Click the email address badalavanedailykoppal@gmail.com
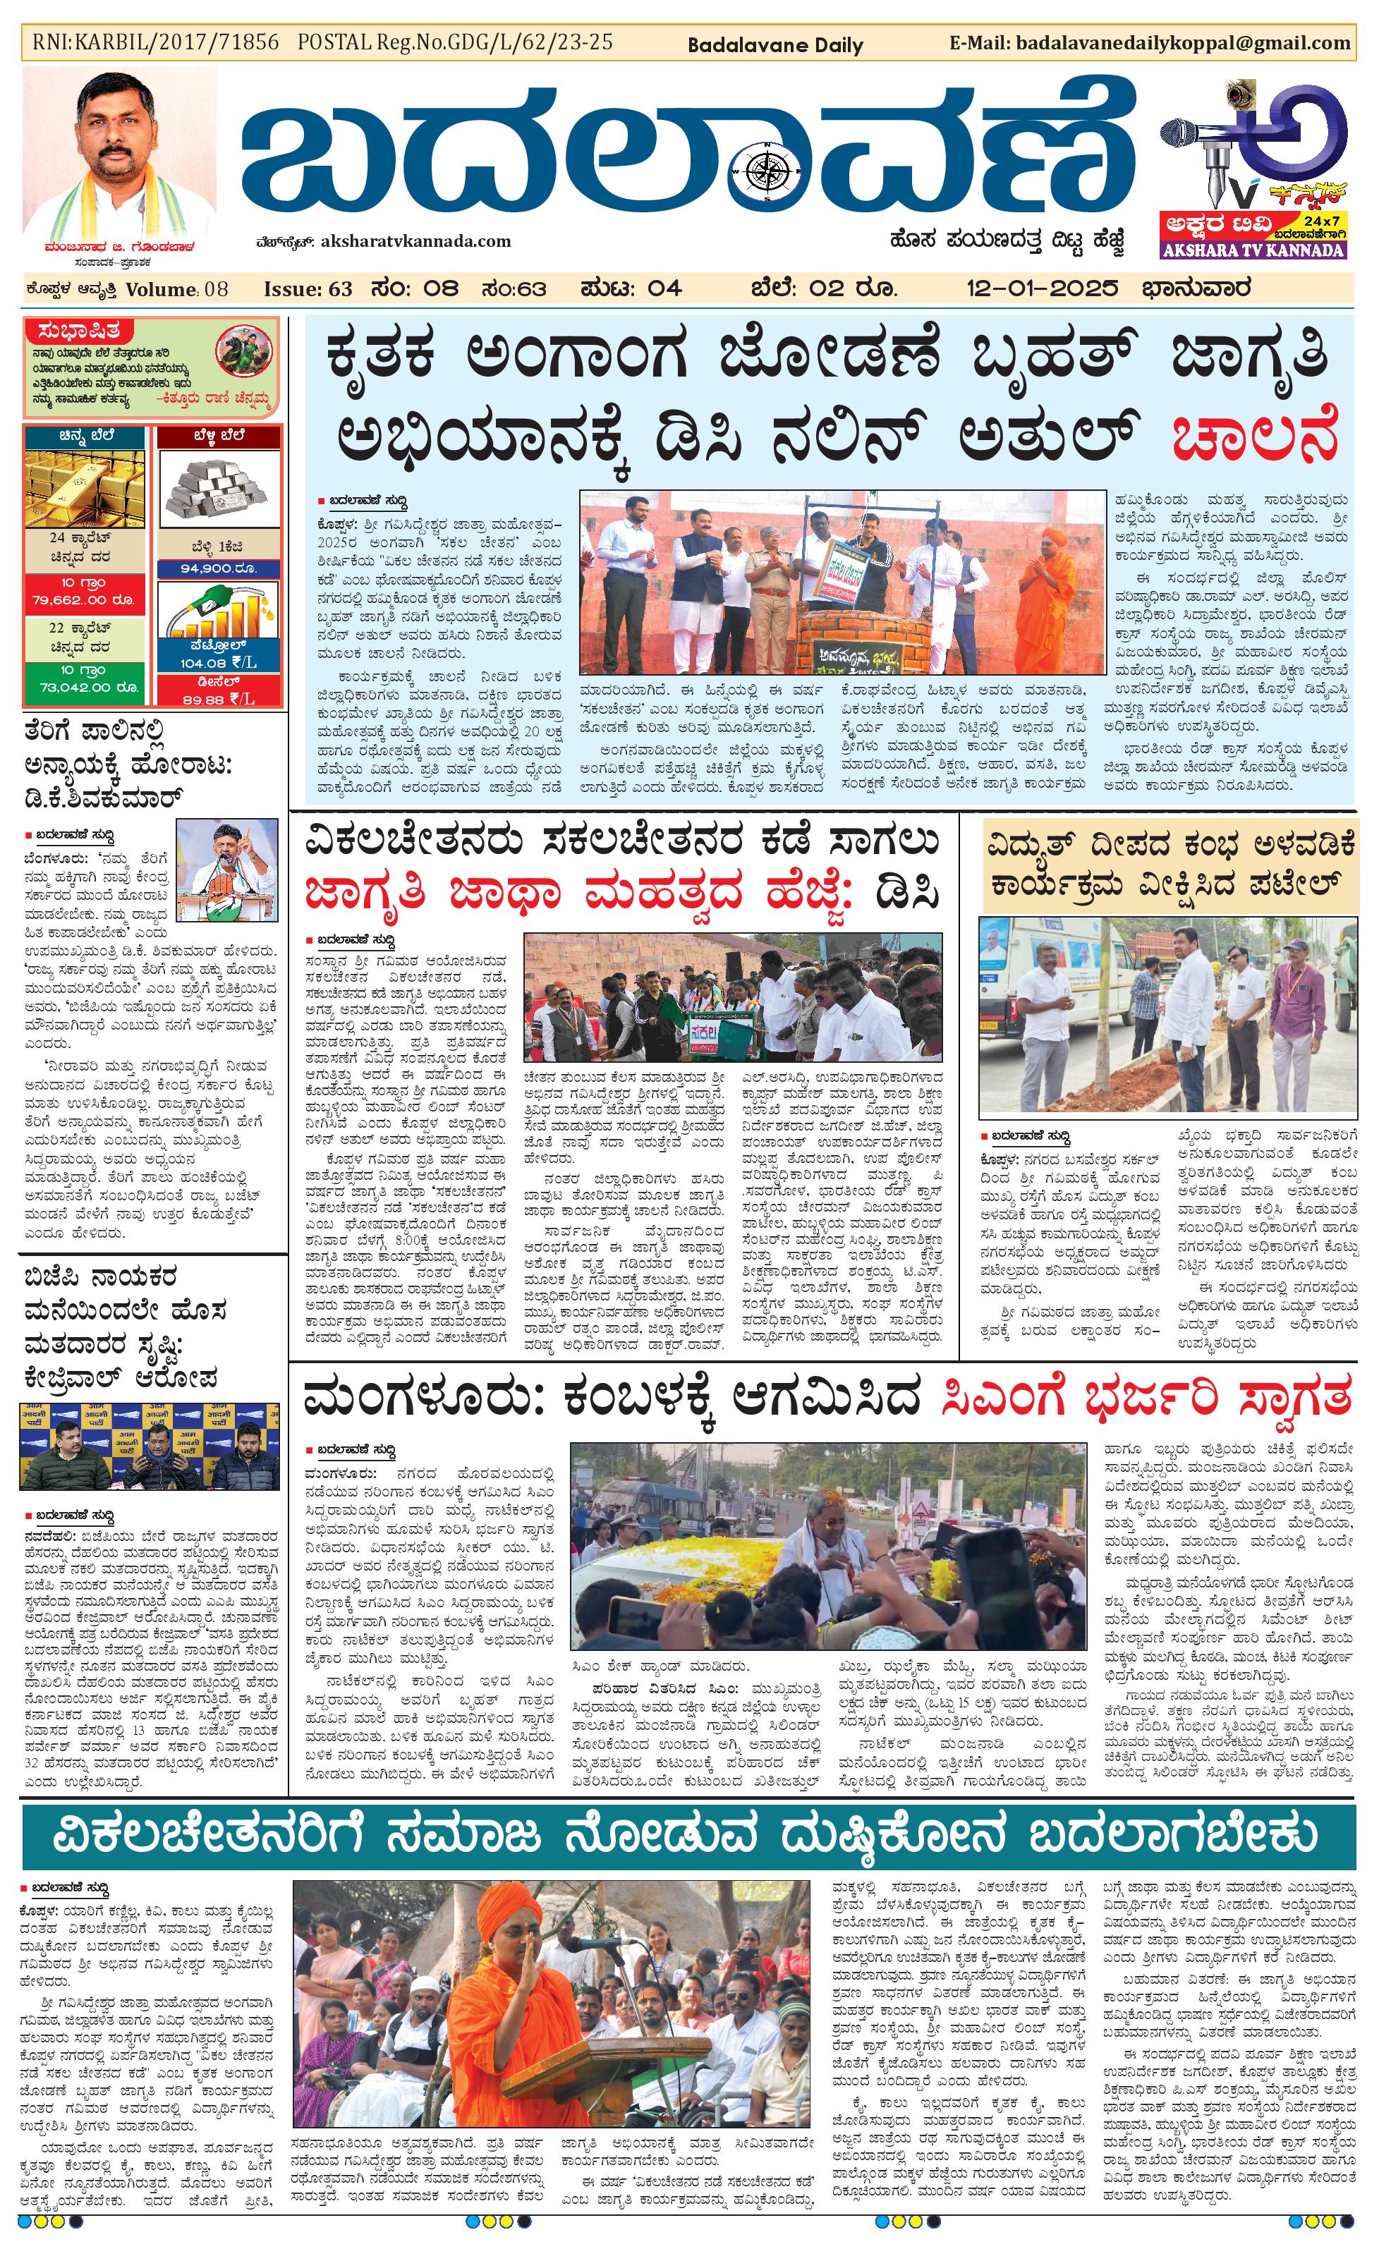point(1182,43)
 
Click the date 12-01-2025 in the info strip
point(1043,289)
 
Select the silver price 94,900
point(218,568)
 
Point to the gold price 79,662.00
point(83,599)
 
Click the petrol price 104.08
point(217,664)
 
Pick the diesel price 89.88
point(217,699)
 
